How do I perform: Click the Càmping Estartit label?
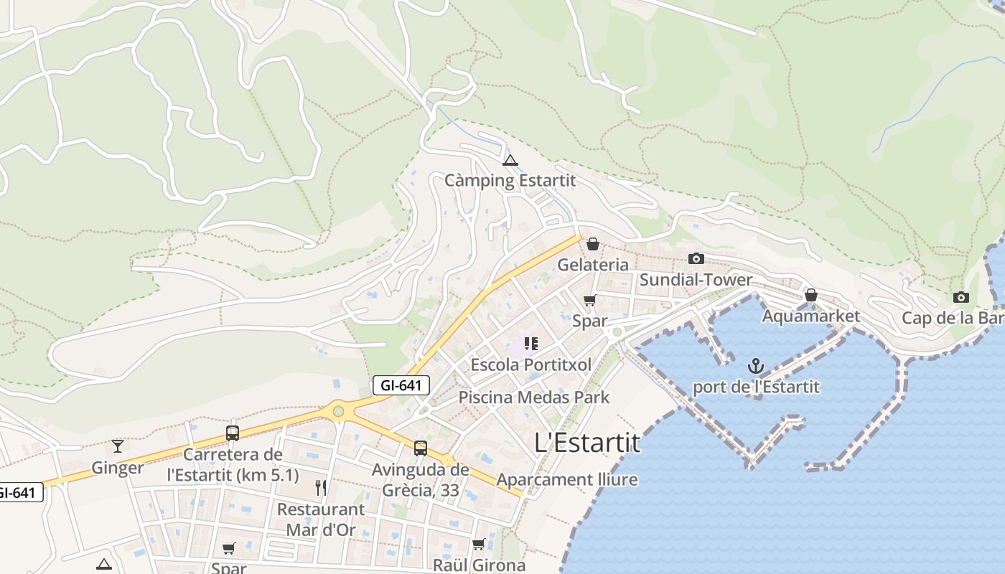(510, 180)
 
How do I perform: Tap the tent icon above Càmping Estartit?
(510, 160)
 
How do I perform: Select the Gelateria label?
(593, 265)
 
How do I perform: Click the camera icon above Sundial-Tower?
(696, 259)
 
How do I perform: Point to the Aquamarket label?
(810, 316)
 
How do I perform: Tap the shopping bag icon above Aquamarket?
(810, 295)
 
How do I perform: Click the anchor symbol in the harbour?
(755, 367)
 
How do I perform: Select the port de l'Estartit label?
(755, 387)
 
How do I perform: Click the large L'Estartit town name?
(587, 443)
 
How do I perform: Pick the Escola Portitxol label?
(531, 364)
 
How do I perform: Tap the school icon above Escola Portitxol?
(531, 344)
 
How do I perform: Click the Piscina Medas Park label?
(534, 397)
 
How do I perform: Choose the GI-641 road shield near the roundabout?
(401, 385)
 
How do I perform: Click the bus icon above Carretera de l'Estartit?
(233, 433)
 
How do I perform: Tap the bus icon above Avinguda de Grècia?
(421, 448)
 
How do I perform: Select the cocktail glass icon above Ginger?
(118, 446)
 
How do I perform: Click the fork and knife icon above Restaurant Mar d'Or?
(321, 488)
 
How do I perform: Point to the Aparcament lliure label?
(567, 479)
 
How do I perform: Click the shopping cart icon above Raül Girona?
(479, 544)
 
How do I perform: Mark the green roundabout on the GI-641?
(337, 411)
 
